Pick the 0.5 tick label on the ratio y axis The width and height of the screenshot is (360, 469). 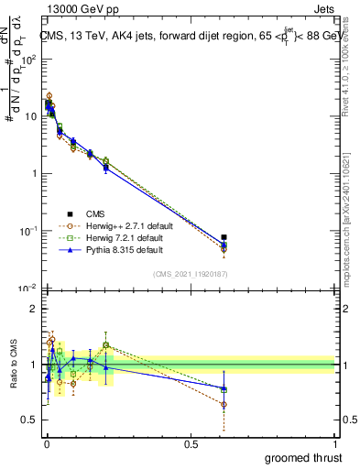[27, 420]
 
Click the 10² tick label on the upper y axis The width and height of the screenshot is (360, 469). [27, 59]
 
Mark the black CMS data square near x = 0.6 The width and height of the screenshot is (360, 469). [224, 237]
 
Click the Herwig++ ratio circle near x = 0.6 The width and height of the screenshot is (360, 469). [224, 404]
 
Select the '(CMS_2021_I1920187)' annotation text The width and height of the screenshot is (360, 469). [191, 275]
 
